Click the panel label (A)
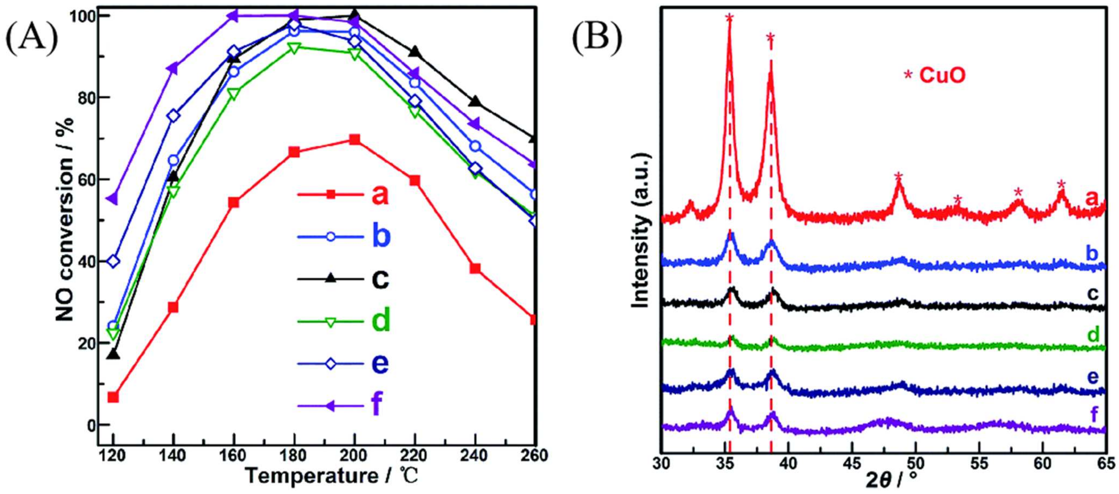pos(31,40)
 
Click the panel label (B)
pos(596,40)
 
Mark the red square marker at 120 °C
pos(113,397)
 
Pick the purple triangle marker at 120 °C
pos(113,199)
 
